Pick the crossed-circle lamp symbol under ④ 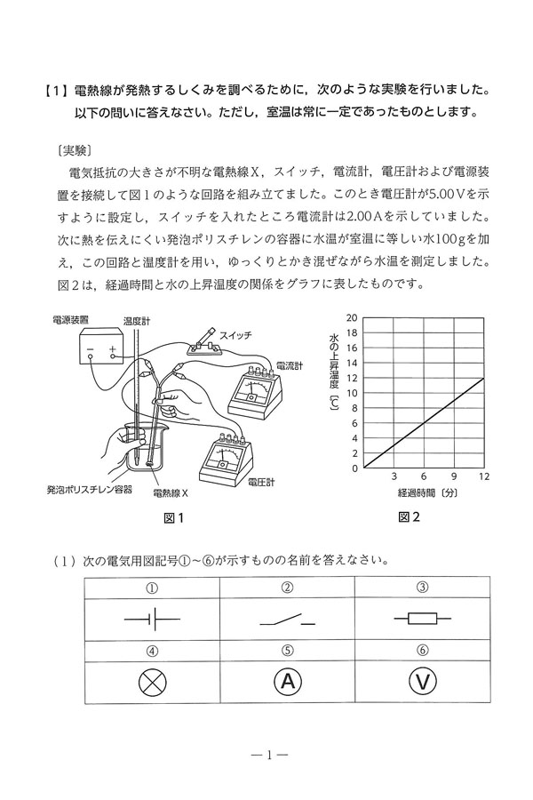154,684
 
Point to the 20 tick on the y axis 353,317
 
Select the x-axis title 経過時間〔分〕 423,492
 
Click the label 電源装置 70,319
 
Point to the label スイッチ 235,334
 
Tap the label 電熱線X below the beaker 171,492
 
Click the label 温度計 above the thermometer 135,319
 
